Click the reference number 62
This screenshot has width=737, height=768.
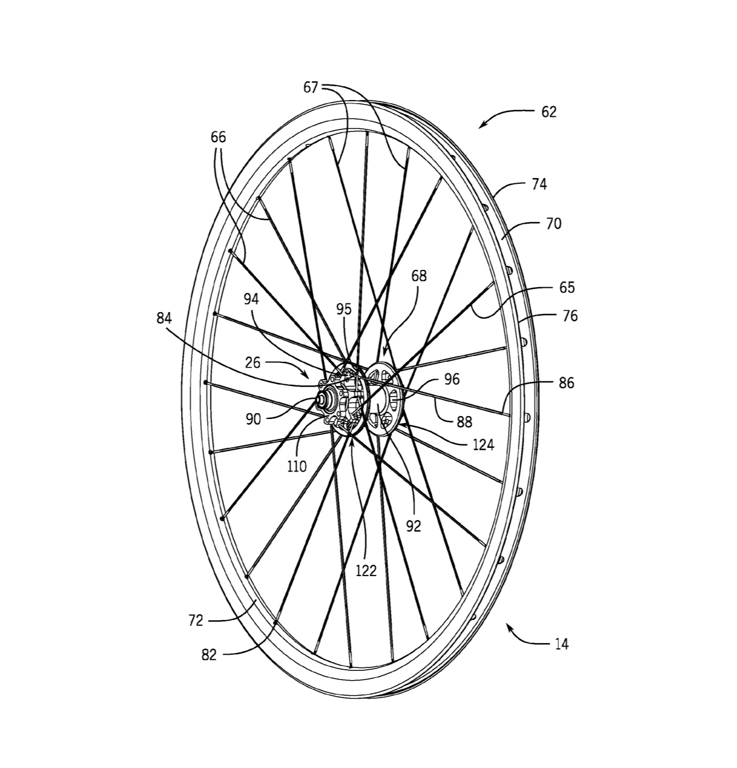click(549, 112)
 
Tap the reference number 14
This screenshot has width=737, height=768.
click(561, 644)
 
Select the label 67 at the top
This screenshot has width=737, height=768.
click(311, 88)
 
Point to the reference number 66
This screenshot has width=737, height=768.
click(218, 138)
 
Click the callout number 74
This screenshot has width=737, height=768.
click(539, 185)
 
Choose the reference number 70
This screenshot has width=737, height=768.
click(553, 224)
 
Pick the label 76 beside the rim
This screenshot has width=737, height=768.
click(569, 316)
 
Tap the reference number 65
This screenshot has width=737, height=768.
click(567, 288)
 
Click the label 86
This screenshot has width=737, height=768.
click(566, 383)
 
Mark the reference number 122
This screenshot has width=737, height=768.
click(366, 571)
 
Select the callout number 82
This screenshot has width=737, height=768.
click(209, 655)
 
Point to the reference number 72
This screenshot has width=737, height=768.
click(195, 621)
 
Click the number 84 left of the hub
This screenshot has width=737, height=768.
click(164, 318)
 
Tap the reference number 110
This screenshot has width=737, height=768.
click(297, 466)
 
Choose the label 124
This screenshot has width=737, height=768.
click(483, 444)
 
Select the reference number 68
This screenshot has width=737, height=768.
click(419, 276)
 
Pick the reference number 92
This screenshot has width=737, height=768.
click(413, 526)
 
